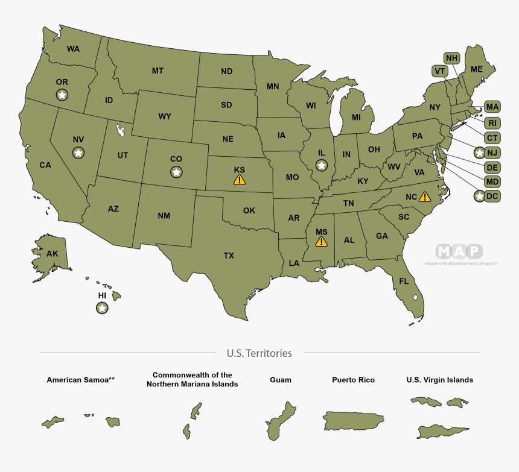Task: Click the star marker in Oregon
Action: point(62,94)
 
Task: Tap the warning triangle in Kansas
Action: point(240,180)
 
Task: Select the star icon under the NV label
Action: point(78,153)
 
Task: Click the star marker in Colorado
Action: point(176,172)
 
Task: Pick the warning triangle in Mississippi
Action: point(321,242)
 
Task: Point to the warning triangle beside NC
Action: point(425,197)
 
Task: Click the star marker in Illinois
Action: point(322,165)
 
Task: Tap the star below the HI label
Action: point(102,308)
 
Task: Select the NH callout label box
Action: point(451,58)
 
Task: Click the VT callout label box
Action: point(439,71)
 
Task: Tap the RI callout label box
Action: point(492,123)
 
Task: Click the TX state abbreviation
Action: point(229,256)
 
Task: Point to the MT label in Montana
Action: point(158,71)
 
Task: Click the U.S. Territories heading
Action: point(259,353)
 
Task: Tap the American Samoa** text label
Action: point(81,380)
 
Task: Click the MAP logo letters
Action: point(459,251)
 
